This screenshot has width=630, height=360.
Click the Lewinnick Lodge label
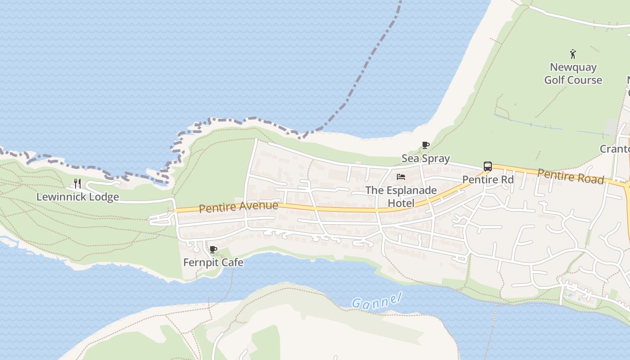[77, 197]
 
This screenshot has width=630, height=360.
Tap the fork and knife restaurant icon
[77, 183]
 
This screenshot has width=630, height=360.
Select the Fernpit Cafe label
[213, 262]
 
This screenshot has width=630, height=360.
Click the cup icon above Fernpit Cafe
[213, 249]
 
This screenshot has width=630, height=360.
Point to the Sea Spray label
[425, 158]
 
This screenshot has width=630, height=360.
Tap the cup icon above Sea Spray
[425, 145]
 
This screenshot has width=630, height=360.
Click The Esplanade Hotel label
[401, 197]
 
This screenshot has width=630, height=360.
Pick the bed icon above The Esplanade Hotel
[401, 177]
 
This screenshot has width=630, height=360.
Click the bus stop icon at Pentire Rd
[488, 166]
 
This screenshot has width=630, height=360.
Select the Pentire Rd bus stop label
[488, 180]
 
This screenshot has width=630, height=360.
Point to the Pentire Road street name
[571, 176]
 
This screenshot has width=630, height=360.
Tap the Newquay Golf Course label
[573, 74]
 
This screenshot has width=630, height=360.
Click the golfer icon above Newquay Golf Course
[573, 54]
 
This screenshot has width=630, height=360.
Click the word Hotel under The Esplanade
[401, 203]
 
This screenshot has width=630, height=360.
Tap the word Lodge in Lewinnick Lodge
[103, 197]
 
